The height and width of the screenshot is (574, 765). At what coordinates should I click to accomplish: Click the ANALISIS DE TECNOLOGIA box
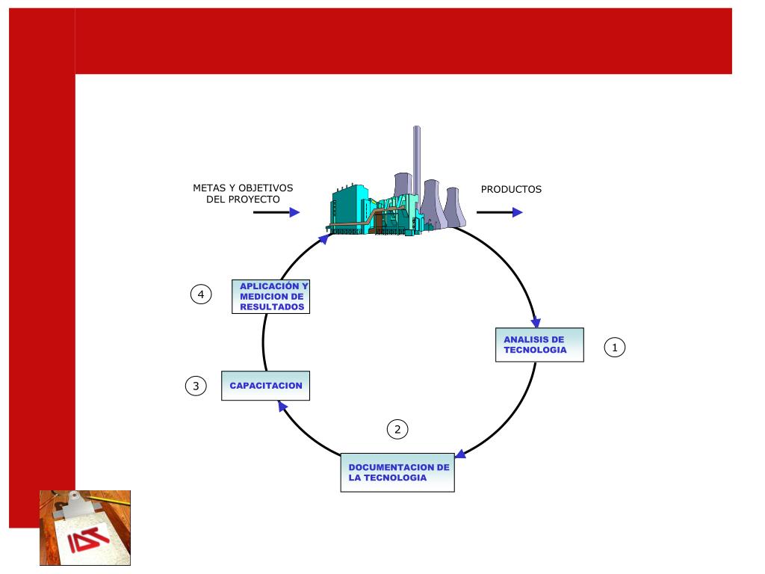tap(539, 345)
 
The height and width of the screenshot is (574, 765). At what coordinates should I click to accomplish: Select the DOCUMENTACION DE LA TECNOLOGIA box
tap(397, 472)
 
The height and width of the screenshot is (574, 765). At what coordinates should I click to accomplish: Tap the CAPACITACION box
tap(266, 386)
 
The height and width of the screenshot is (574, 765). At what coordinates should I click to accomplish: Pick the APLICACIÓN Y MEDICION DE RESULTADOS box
tap(270, 297)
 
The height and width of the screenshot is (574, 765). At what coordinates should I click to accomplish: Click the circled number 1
tap(614, 348)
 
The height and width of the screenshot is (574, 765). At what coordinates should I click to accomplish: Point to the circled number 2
tap(397, 429)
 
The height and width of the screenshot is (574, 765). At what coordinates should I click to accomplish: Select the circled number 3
tap(196, 386)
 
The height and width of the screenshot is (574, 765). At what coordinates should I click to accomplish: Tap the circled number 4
tap(200, 294)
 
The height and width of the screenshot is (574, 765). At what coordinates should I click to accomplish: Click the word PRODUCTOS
tap(511, 190)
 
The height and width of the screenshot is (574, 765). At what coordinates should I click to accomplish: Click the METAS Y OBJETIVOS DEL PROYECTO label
tap(243, 194)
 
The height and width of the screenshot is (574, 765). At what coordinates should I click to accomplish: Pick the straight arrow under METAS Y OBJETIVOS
tap(276, 212)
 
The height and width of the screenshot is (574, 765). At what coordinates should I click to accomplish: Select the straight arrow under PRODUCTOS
tap(499, 212)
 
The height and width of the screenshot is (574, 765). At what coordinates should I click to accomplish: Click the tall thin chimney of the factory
tap(416, 161)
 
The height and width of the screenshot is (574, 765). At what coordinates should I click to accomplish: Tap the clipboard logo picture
tap(85, 528)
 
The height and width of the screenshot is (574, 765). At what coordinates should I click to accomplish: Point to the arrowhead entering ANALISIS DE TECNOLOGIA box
tap(536, 321)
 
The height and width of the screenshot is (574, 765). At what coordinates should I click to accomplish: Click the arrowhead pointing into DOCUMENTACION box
tap(461, 454)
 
